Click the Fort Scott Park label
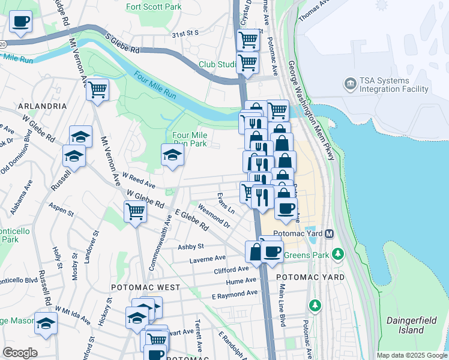(x=154, y=7)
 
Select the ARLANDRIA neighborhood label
(x=43, y=106)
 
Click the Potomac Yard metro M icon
(x=330, y=233)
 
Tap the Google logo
(x=20, y=353)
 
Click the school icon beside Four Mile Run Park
(x=172, y=155)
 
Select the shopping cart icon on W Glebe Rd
(x=136, y=211)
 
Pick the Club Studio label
(x=218, y=64)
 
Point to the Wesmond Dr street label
(x=214, y=217)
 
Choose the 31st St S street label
(x=185, y=34)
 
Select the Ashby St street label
(x=191, y=246)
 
